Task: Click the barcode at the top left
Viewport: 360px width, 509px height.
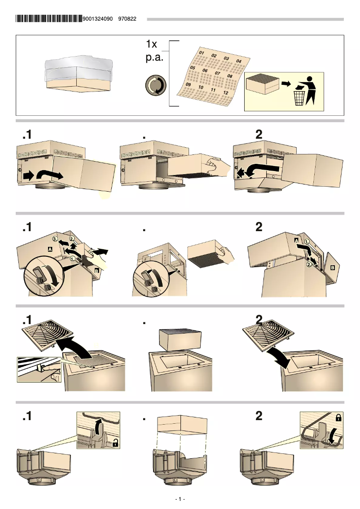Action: click(x=49, y=19)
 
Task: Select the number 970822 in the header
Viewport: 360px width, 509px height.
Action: click(x=127, y=19)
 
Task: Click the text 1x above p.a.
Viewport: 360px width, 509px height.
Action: click(x=152, y=44)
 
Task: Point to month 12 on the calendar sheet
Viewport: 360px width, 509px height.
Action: click(x=226, y=92)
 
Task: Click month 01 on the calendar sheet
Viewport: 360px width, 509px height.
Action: click(x=202, y=53)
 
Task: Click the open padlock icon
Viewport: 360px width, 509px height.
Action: click(x=116, y=443)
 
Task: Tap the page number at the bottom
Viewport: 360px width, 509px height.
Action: click(x=180, y=499)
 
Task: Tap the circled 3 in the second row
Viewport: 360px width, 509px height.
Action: click(x=55, y=238)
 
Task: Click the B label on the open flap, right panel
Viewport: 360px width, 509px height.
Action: click(x=333, y=268)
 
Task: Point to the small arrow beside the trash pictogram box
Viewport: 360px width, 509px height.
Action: click(x=286, y=84)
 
